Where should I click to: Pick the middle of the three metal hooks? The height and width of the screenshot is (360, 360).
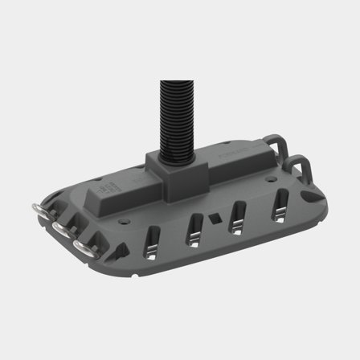[61, 229]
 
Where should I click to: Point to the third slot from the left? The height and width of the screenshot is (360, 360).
[239, 215]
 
